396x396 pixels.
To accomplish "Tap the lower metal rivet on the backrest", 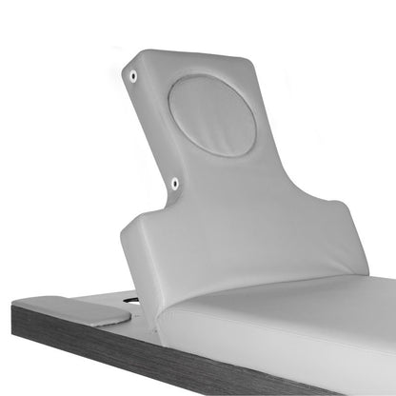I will (x=174, y=182).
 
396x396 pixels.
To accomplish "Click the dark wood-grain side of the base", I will (x=143, y=357).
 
